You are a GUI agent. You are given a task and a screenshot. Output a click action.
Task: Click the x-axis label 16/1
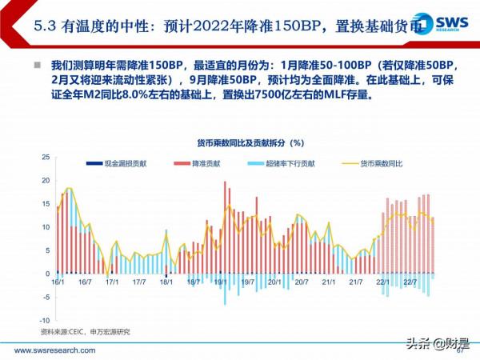58,282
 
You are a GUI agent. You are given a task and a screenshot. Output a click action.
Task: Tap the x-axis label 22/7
410,282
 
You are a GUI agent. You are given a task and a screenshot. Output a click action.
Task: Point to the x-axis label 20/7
302,282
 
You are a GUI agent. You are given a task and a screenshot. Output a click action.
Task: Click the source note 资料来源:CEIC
84,331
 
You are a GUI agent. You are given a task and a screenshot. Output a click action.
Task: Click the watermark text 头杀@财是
436,344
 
